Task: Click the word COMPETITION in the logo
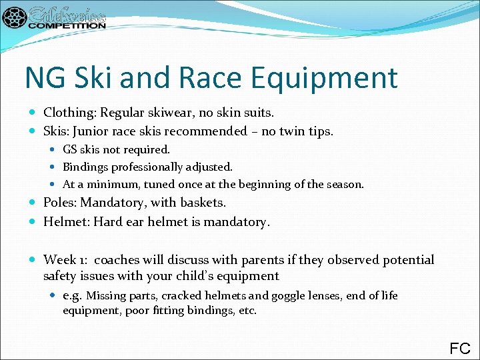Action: [x=67, y=25]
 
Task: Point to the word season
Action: [x=344, y=184]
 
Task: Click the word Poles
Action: [x=60, y=202]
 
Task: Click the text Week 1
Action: [x=65, y=259]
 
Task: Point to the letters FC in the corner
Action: [x=460, y=348]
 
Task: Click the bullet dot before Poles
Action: [x=34, y=202]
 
